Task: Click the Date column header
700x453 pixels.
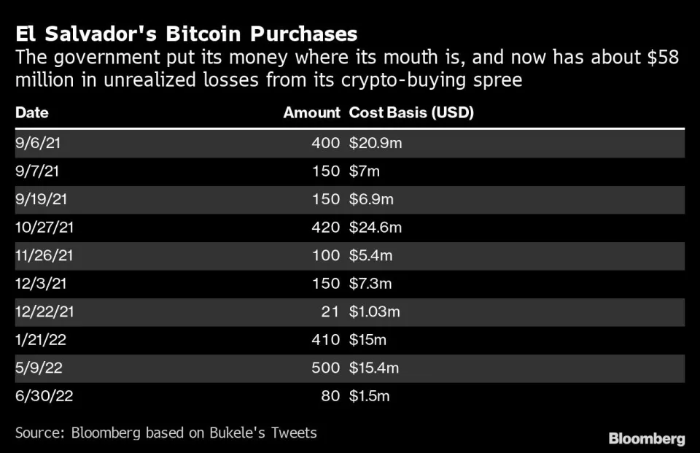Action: click(31, 113)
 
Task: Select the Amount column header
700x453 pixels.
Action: click(311, 113)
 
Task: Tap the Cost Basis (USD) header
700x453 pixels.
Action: click(412, 113)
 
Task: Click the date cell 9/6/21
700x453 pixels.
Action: click(37, 144)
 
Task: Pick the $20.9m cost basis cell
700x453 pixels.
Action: click(376, 144)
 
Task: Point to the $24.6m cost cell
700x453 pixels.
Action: click(376, 228)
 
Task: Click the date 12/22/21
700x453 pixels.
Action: click(44, 312)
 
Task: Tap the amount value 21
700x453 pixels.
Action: click(331, 312)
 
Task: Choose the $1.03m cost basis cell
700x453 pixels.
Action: click(376, 312)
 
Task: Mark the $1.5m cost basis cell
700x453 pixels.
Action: click(370, 397)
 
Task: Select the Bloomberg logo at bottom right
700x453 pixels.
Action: click(647, 438)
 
